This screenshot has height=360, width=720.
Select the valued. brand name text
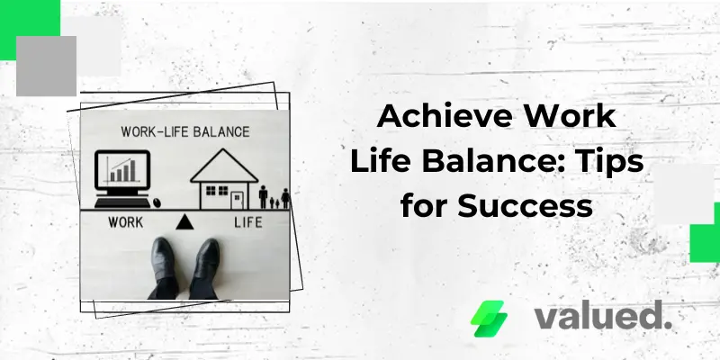(x=602, y=316)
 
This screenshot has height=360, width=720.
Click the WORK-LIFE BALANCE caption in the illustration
(x=185, y=131)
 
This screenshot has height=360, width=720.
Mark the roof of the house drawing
(x=224, y=165)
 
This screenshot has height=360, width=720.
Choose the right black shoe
(x=205, y=265)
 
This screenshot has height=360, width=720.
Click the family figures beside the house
(x=274, y=196)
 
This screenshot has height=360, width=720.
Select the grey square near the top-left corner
(x=46, y=66)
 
